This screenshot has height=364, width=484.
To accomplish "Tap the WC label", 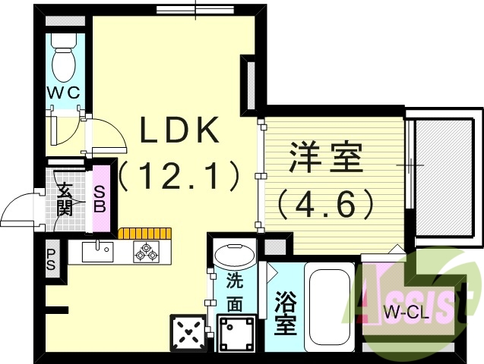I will point(65,93).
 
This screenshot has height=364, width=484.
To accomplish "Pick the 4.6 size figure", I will point(327,203).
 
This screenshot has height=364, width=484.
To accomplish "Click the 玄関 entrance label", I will point(66,199).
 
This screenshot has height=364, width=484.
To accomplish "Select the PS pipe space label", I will point(52,259).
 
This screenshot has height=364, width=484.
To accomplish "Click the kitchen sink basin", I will point(96,251).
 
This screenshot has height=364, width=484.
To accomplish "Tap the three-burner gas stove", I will point(145,252).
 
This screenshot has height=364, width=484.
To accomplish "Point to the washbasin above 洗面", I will point(233,253).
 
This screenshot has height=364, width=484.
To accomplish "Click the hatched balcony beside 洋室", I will point(445,177).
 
